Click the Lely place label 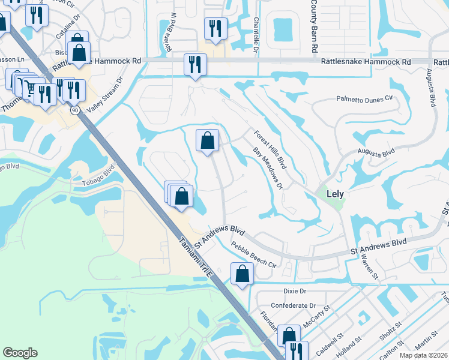pos(335,194)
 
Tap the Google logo pos(20,353)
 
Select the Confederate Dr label pos(291,305)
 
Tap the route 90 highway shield pos(74,110)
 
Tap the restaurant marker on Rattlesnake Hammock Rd pos(195,64)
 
